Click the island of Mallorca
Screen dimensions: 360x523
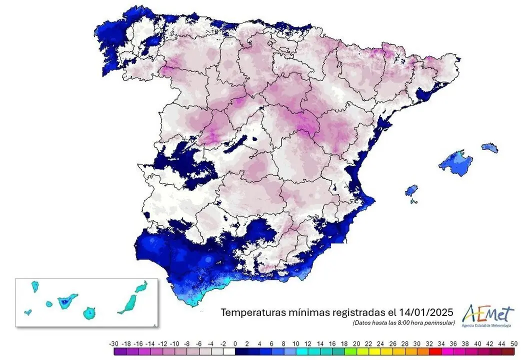(455, 162)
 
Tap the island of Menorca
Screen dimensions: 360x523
(490, 148)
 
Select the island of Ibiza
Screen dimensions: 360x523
(411, 190)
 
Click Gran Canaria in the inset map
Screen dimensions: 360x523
(89, 313)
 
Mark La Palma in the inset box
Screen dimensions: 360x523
(35, 287)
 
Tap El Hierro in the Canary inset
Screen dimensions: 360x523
(28, 312)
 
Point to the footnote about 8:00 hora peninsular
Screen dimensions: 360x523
(403, 323)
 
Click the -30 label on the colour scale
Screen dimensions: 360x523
(114, 344)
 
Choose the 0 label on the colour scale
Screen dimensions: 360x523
(235, 344)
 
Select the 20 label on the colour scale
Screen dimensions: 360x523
(356, 344)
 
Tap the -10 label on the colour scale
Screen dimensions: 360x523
(175, 344)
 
